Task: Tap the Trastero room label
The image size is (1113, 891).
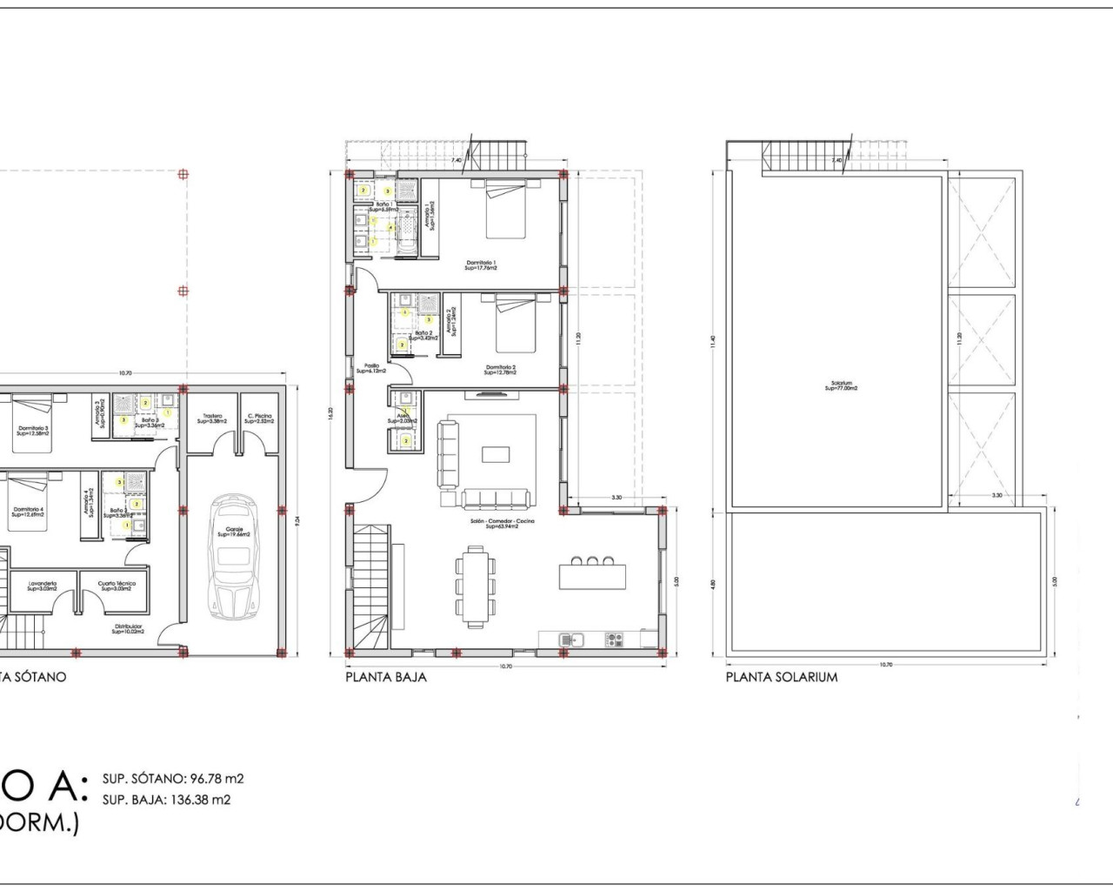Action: pyautogui.click(x=213, y=419)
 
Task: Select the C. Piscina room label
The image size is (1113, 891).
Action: pyautogui.click(x=259, y=419)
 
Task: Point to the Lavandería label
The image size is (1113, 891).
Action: pyautogui.click(x=42, y=586)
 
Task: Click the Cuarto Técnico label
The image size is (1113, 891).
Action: pyautogui.click(x=116, y=586)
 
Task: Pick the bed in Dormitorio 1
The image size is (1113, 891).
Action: pyautogui.click(x=506, y=211)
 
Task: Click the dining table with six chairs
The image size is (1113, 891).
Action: pyautogui.click(x=475, y=586)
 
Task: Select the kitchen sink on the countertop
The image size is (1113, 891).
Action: pyautogui.click(x=570, y=640)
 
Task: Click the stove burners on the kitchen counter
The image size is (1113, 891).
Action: pyautogui.click(x=615, y=640)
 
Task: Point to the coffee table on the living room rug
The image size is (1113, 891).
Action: pyautogui.click(x=497, y=453)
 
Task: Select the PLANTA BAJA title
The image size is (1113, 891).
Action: pyautogui.click(x=386, y=676)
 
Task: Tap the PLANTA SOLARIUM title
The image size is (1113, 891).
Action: pyautogui.click(x=782, y=676)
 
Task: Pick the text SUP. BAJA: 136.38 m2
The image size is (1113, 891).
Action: pyautogui.click(x=166, y=800)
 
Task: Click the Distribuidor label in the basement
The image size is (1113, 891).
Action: pyautogui.click(x=127, y=628)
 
